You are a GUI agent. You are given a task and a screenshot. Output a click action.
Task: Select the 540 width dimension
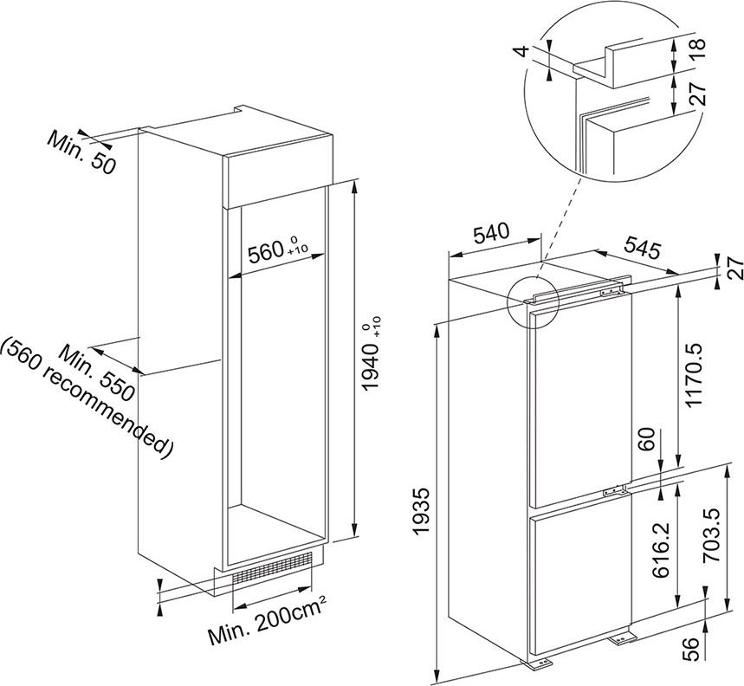pos(491,232)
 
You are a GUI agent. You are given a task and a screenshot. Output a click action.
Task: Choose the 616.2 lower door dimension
pos(661,551)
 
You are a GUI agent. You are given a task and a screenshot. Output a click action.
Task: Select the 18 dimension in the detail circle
pos(698,49)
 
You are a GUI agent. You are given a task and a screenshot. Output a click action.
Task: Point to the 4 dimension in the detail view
pos(522,51)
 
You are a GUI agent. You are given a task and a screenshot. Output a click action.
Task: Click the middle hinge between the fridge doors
pos(617,491)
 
